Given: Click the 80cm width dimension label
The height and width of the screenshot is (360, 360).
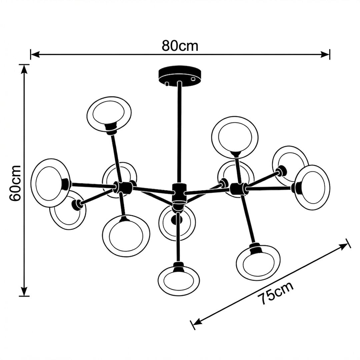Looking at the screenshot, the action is [x=180, y=46].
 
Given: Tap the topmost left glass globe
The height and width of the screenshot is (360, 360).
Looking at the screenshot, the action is [x=109, y=114].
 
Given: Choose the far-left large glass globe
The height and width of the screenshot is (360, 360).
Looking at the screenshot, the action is [x=50, y=183].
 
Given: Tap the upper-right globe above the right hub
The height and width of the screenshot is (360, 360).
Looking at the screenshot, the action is [x=235, y=137].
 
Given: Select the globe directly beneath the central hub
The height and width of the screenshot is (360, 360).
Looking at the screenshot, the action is [x=177, y=222].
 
